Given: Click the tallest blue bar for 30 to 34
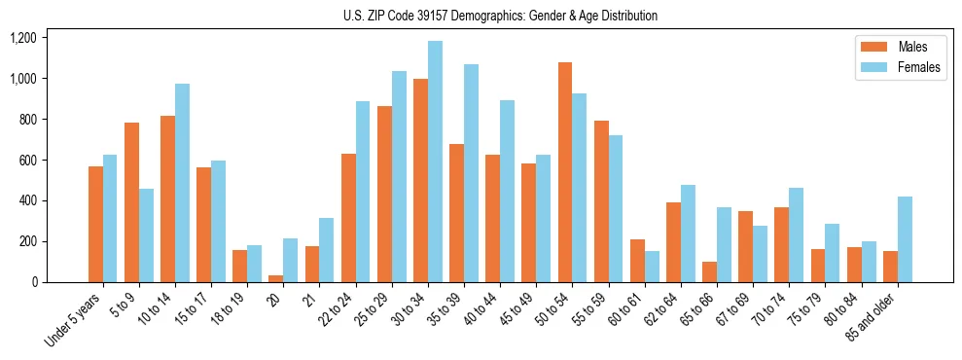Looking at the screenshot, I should pyautogui.click(x=435, y=162).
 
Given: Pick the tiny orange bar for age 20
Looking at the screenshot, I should pyautogui.click(x=276, y=278).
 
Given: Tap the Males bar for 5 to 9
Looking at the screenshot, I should pyautogui.click(x=131, y=202).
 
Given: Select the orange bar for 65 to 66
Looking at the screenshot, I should pyautogui.click(x=709, y=271).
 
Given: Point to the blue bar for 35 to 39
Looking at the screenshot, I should pyautogui.click(x=471, y=173).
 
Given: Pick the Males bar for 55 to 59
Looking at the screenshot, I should pyautogui.click(x=601, y=201).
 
